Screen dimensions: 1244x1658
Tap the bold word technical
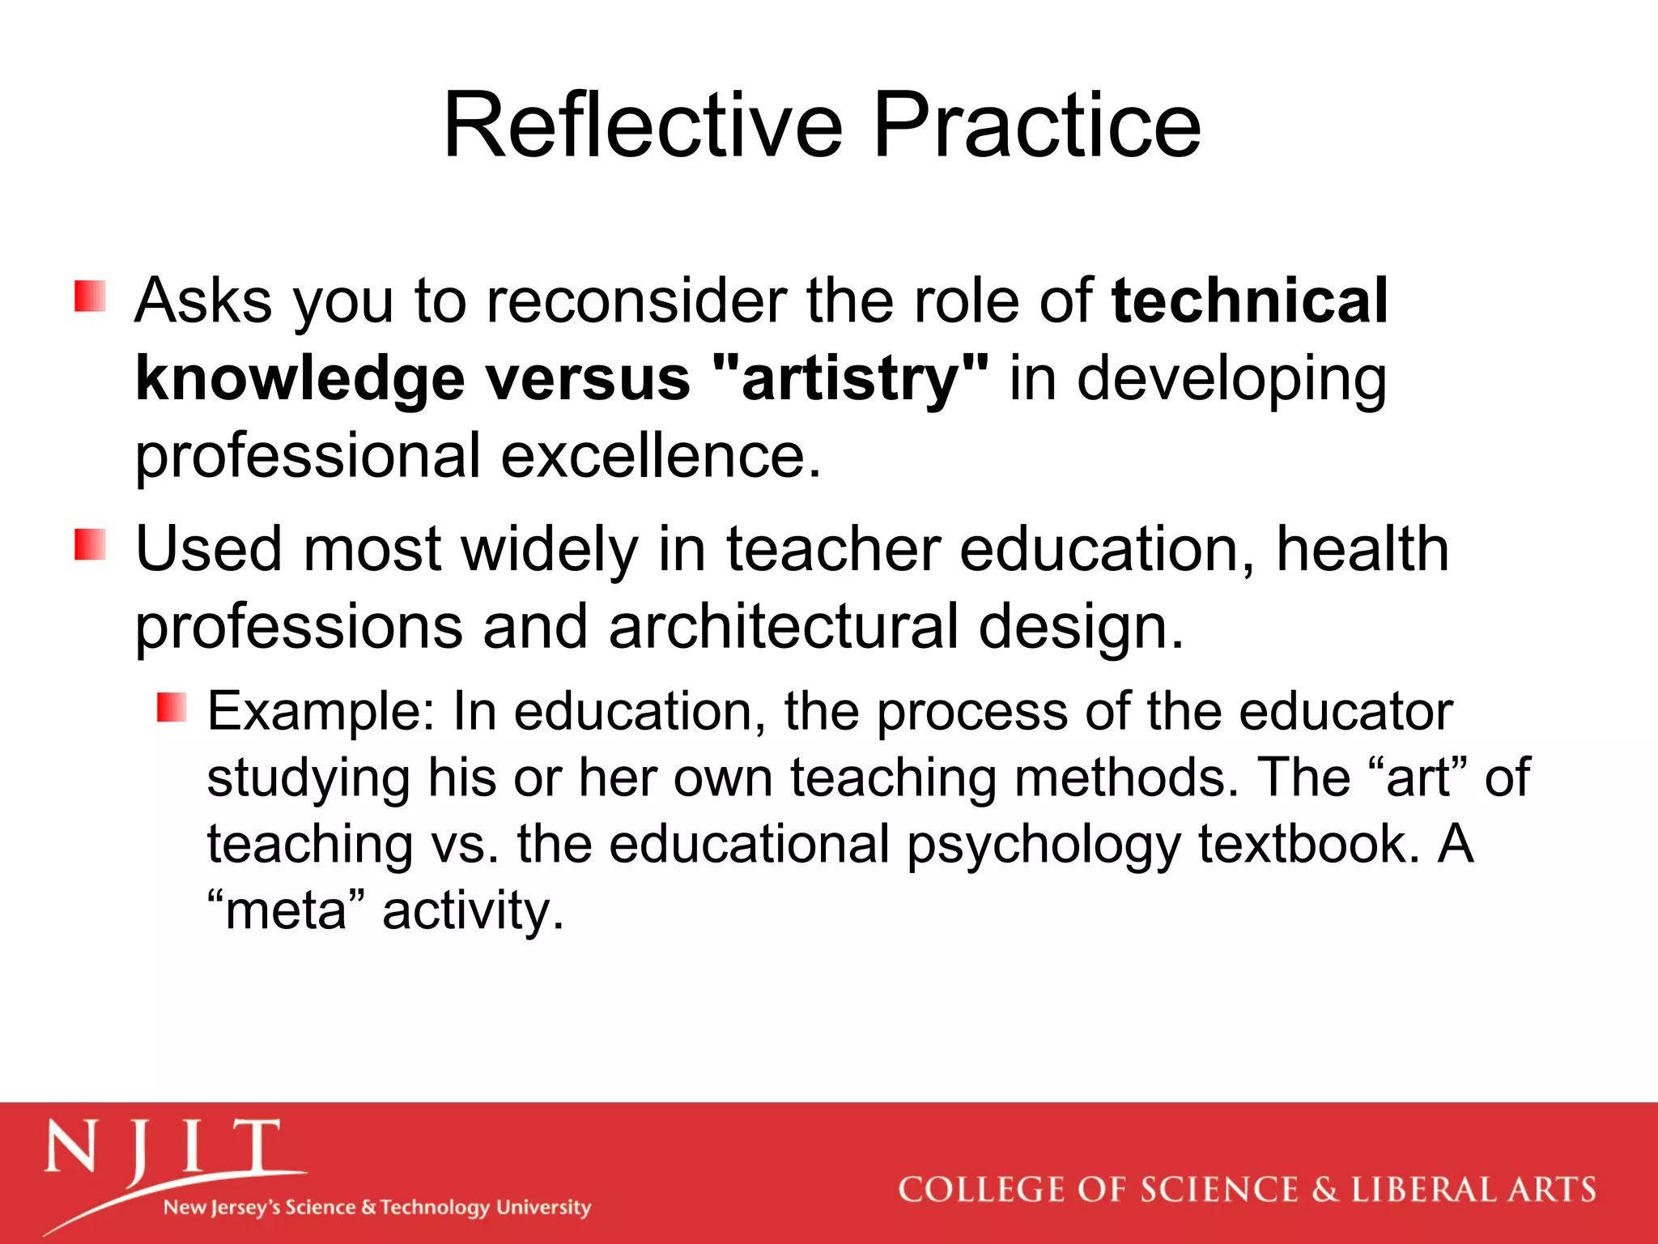tap(1249, 300)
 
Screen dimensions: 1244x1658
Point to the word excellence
tap(661, 456)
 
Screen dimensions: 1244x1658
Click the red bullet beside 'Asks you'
tap(90, 296)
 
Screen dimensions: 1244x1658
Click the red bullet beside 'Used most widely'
tap(90, 544)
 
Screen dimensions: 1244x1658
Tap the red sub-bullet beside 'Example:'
tap(172, 707)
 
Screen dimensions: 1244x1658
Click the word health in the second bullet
tap(1362, 549)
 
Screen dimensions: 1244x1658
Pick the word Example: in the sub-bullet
tap(321, 712)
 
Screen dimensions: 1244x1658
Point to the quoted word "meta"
tap(287, 910)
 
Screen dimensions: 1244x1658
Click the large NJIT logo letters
tap(162, 1150)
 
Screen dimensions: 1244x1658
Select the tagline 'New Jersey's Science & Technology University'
tap(377, 1208)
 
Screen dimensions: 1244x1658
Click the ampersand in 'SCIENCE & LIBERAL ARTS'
tap(1324, 1190)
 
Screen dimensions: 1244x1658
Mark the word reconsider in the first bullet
tap(637, 300)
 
